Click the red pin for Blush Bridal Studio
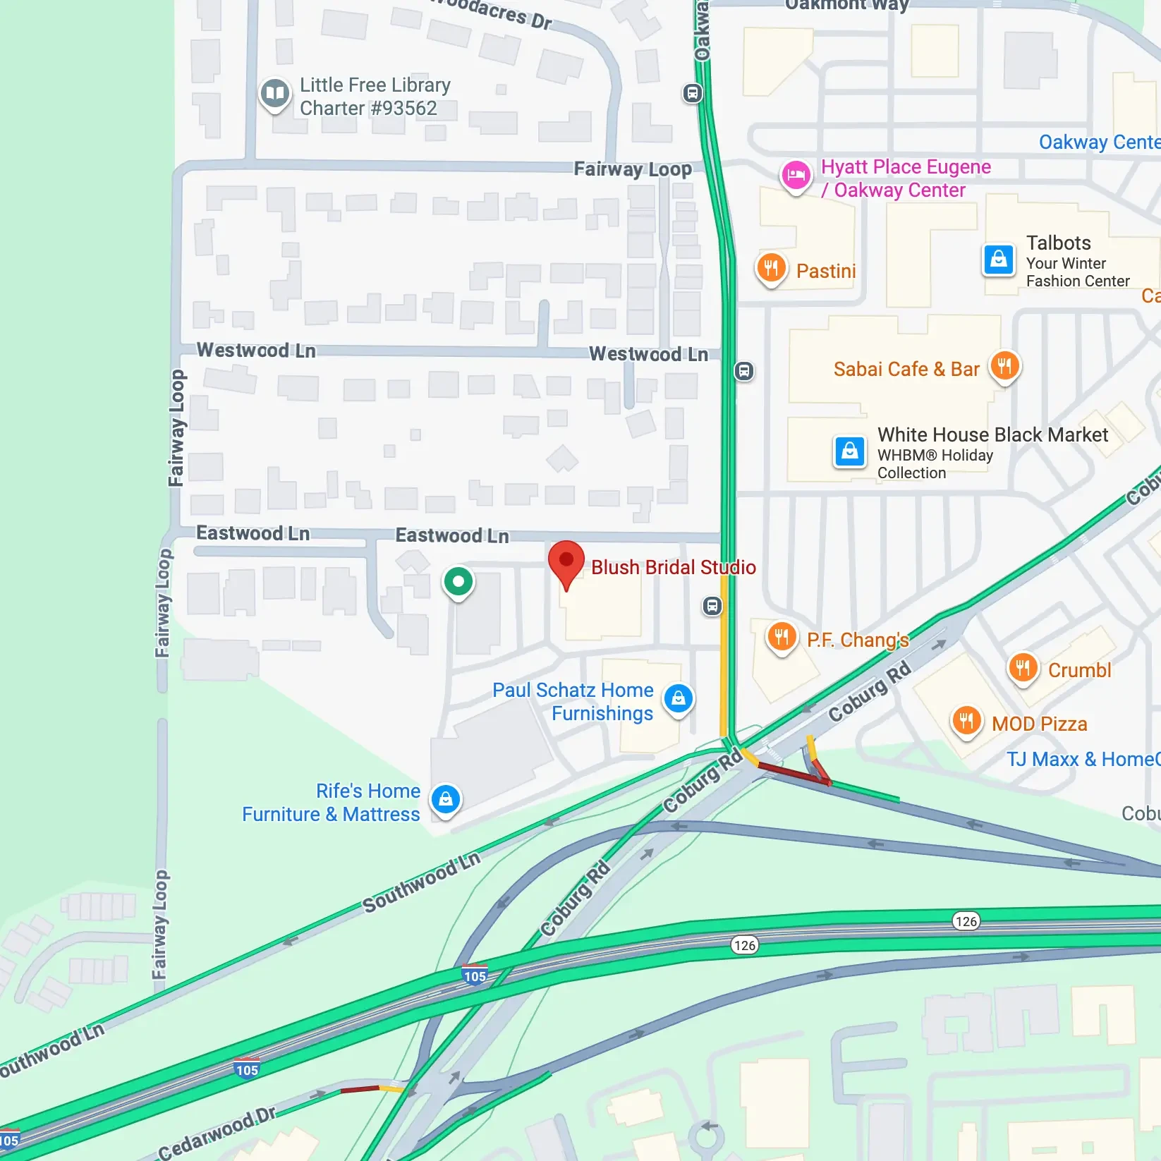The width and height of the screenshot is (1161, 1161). (566, 561)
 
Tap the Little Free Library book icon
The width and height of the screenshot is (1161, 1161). (275, 93)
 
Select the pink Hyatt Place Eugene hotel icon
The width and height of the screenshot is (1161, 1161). (796, 175)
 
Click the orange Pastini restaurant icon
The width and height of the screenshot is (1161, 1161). (771, 268)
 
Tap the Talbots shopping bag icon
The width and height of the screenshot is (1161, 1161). (999, 260)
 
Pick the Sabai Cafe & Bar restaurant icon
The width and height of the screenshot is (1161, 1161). (1004, 366)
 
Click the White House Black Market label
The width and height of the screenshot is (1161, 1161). (992, 434)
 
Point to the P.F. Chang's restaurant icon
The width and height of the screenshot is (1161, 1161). (781, 638)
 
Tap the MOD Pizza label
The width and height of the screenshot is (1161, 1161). (1039, 724)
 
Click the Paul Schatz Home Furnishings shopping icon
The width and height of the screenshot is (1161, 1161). (679, 699)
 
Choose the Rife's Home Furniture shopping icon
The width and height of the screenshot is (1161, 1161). (445, 800)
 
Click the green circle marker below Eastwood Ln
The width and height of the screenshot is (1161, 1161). (458, 582)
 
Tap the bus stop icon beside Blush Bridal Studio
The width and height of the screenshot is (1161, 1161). (712, 605)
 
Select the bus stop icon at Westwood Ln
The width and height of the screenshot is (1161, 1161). (743, 371)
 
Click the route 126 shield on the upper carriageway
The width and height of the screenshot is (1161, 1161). (966, 920)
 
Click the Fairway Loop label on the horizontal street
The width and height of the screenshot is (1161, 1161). (632, 169)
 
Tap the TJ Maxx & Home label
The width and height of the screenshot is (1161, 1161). (1083, 759)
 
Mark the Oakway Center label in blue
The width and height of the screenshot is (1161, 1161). (1099, 142)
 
